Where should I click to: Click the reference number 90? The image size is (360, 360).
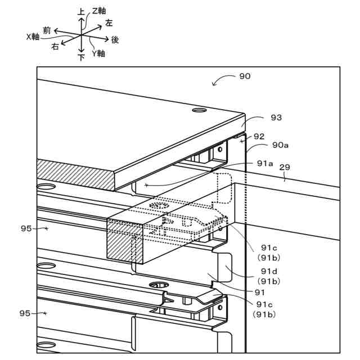[245, 76]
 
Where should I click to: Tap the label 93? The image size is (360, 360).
[276, 118]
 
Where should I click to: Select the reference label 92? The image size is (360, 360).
[259, 136]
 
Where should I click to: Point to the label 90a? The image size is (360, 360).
[281, 145]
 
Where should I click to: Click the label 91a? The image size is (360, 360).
[265, 163]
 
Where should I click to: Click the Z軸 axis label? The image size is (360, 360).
[99, 11]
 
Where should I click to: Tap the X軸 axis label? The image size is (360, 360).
[33, 36]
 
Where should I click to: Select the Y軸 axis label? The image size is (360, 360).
[98, 53]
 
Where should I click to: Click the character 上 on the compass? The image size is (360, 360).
[81, 11]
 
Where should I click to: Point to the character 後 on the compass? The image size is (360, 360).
[115, 39]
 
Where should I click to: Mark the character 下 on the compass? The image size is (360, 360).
[81, 56]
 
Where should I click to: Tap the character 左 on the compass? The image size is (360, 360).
[109, 23]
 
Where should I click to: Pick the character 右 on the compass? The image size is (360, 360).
[55, 47]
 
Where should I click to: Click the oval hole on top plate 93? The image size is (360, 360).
[200, 111]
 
